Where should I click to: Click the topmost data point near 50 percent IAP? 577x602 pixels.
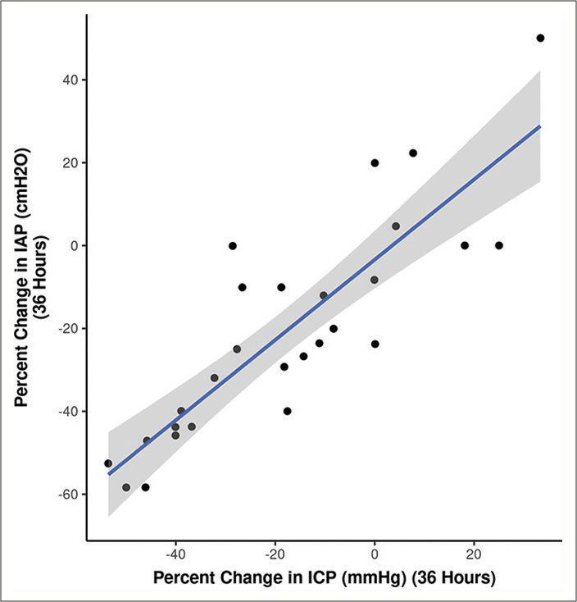[x=540, y=39]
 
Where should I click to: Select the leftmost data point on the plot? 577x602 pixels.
[x=108, y=463]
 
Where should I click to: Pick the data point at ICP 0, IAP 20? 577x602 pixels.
[x=375, y=163]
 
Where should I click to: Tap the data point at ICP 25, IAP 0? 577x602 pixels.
[x=498, y=245]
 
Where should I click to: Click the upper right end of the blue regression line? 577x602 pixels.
[x=540, y=126]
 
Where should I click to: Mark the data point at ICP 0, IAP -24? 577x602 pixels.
[x=375, y=344]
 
